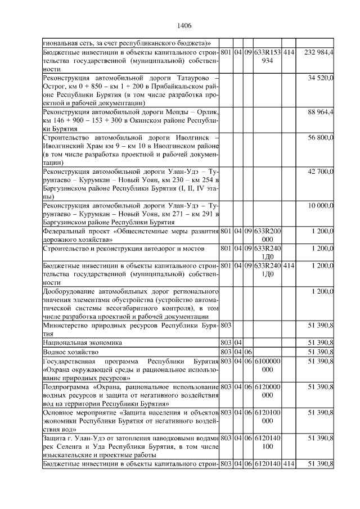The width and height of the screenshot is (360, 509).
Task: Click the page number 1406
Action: (x=184, y=25)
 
